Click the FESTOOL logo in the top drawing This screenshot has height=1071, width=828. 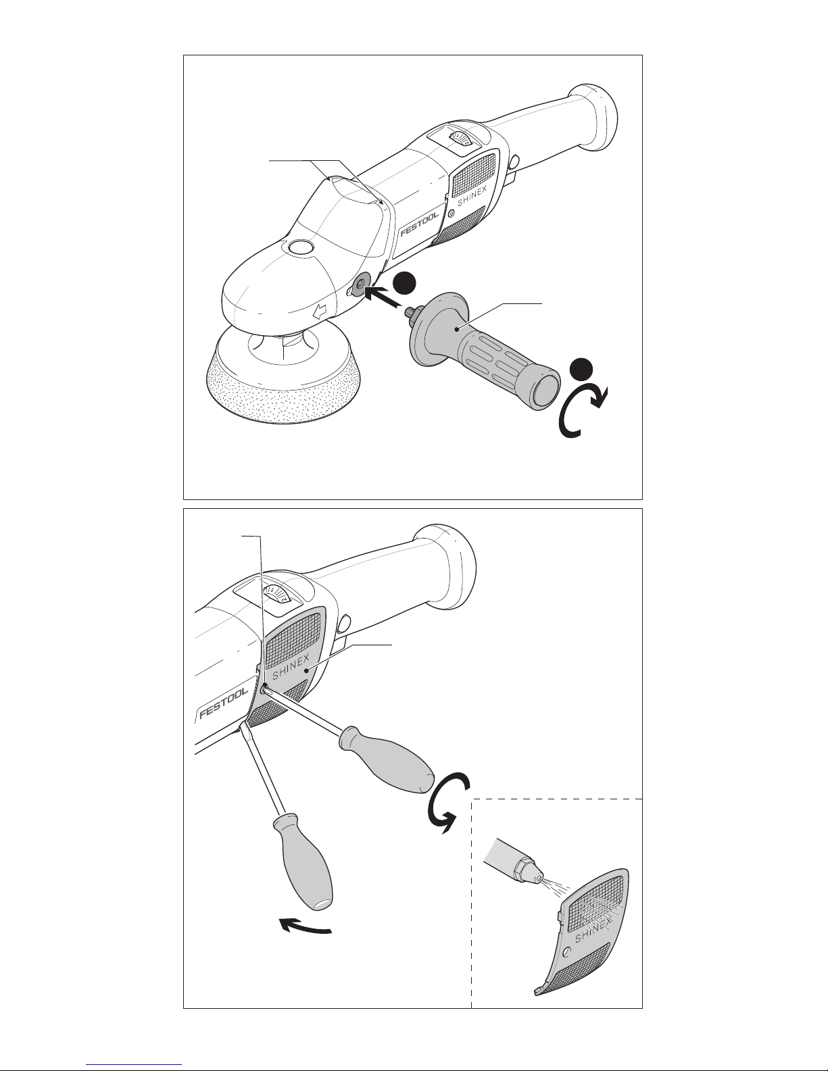(x=418, y=225)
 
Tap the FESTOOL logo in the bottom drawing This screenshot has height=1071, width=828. (x=222, y=703)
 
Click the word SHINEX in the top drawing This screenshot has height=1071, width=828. (x=472, y=196)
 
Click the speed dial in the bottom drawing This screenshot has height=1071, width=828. (x=278, y=595)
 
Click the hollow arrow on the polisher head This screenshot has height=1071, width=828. (x=320, y=311)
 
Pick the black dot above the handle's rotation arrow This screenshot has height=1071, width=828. (x=581, y=370)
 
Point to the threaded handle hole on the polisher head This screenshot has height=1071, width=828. (x=360, y=284)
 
